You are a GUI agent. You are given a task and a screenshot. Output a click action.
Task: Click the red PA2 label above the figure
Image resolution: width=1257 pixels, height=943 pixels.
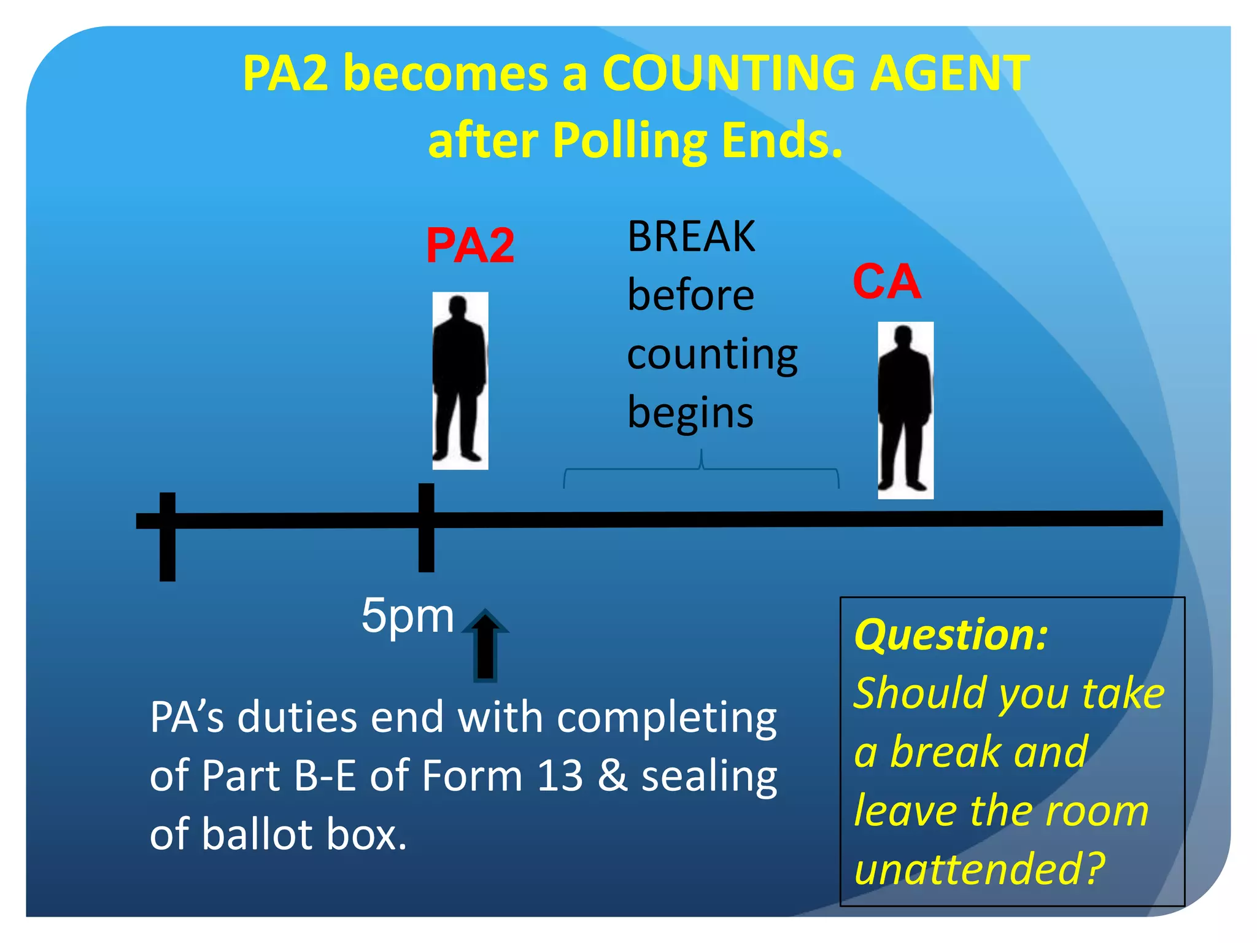[470, 246]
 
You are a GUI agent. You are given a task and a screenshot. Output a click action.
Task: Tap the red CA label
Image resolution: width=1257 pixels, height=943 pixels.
[887, 282]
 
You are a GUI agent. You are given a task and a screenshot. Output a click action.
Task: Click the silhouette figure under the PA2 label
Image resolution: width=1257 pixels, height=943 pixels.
[460, 381]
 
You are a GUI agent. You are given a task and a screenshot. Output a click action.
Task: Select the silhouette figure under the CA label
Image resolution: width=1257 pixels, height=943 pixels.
[905, 410]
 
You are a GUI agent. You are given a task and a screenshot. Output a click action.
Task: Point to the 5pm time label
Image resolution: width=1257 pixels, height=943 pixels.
[408, 616]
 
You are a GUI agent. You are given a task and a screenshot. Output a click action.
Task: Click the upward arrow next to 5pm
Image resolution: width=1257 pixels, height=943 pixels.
[485, 645]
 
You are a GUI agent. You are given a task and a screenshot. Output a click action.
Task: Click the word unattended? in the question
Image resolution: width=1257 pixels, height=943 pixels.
[979, 869]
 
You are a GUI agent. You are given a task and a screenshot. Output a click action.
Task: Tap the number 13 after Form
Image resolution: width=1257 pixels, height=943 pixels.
[559, 775]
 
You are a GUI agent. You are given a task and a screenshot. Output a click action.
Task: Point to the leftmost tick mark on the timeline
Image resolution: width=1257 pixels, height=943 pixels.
[168, 537]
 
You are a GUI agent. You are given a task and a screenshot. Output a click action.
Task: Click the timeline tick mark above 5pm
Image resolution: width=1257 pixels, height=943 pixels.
[427, 528]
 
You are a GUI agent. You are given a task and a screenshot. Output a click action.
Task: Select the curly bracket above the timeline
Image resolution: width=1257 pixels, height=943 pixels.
[701, 470]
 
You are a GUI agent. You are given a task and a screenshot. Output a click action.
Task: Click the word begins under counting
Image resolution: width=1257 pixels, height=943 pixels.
[690, 413]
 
